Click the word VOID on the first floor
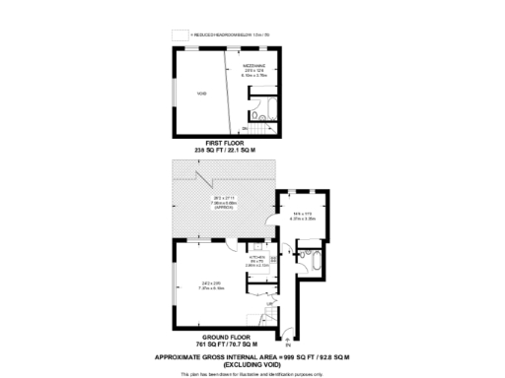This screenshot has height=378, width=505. coord(200,93)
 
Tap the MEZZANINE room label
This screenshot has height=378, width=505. coord(254,66)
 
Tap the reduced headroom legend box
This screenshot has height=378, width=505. coord(179,34)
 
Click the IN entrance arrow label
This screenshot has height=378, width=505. coord(287,343)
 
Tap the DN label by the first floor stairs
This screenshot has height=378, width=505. coord(244,129)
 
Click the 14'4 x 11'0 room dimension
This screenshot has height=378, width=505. coord(303,215)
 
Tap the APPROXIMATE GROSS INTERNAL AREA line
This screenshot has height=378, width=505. coord(253,356)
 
